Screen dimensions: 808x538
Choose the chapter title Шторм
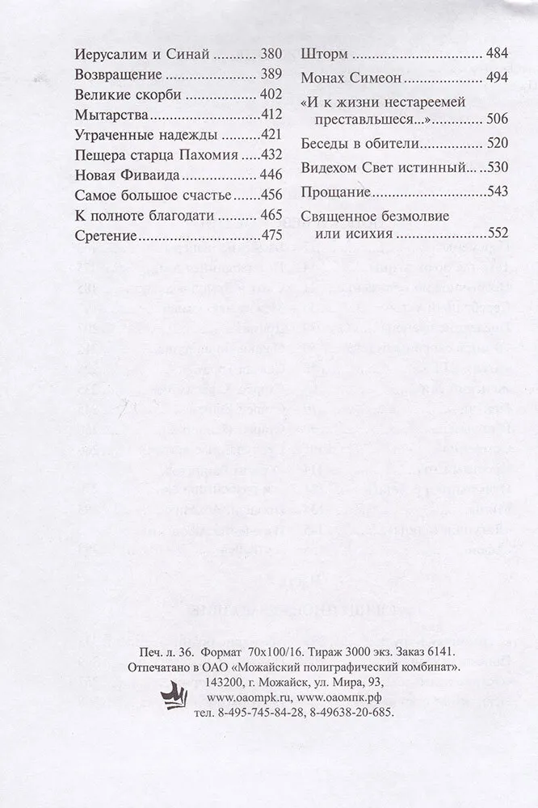325,56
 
